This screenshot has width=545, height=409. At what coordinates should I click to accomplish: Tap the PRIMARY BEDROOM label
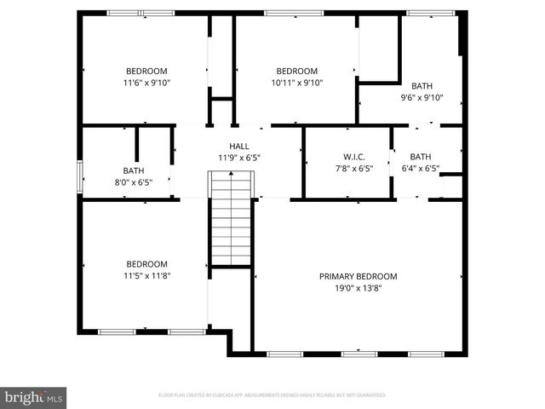point(358,276)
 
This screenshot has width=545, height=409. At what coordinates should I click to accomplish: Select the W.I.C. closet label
point(354,157)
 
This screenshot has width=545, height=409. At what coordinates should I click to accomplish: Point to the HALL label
point(238,147)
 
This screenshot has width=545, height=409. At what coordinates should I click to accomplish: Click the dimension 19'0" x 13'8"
point(358,288)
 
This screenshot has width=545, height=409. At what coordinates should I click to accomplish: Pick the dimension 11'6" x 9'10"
point(146,83)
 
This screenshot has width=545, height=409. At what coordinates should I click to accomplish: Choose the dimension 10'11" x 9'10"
point(297,83)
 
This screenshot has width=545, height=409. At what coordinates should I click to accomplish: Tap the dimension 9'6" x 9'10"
point(422,97)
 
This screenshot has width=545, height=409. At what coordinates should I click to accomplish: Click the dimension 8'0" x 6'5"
point(133,181)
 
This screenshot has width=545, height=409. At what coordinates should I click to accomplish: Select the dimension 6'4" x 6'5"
point(421,168)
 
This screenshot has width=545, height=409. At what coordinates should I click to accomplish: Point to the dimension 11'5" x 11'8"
point(146,275)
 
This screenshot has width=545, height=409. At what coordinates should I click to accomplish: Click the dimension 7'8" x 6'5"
point(354,168)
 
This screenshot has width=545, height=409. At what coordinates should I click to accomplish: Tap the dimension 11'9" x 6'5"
point(238,158)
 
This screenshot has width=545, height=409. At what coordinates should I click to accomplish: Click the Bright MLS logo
point(34,397)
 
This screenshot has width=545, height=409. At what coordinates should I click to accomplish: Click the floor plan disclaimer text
point(272,395)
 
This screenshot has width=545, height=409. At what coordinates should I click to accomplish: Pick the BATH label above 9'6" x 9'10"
point(422,86)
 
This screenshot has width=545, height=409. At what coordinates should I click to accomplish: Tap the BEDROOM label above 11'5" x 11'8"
point(146,264)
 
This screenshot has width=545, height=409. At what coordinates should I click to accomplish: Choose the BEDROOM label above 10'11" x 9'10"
point(297,71)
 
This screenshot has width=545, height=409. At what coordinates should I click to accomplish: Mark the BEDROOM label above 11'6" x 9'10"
point(146,71)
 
